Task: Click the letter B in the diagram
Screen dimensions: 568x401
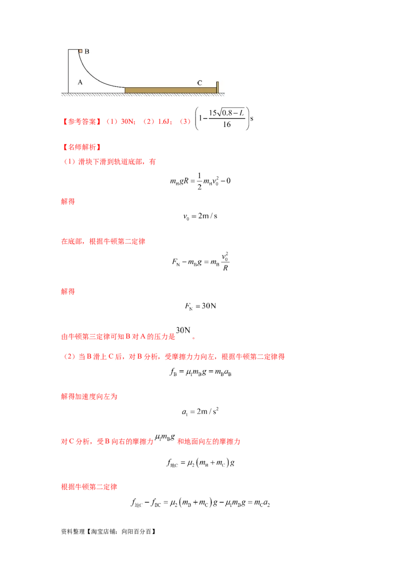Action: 87,51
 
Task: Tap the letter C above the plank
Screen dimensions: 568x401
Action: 199,83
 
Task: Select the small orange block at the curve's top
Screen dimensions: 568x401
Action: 80,51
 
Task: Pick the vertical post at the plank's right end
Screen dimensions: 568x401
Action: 218,87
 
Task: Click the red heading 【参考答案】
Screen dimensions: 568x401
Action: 80,121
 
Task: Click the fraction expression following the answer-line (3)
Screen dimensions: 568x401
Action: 223,118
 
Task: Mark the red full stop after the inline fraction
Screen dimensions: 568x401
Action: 194,338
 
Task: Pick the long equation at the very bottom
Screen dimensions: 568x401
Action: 200,503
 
